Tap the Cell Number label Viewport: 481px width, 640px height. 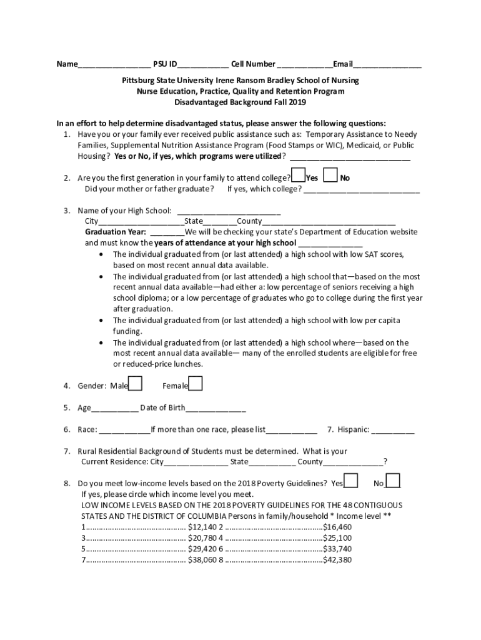[x=253, y=64]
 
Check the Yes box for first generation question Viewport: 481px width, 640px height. [x=299, y=176]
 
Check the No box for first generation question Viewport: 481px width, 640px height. [x=331, y=176]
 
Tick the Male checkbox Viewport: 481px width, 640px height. [x=135, y=383]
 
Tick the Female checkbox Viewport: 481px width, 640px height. [x=196, y=383]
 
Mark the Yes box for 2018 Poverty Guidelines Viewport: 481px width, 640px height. [x=351, y=481]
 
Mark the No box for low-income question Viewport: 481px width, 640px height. [x=393, y=481]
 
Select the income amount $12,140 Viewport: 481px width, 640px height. [x=202, y=527]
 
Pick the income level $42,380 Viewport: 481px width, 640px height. [x=337, y=560]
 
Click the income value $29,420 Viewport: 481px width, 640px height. [x=202, y=549]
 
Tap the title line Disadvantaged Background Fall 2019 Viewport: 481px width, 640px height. [x=241, y=102]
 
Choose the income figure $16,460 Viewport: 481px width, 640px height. [x=337, y=527]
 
